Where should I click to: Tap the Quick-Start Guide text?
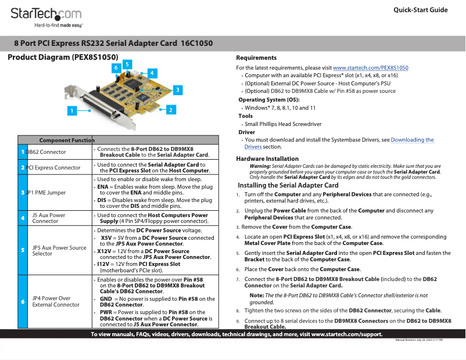420,10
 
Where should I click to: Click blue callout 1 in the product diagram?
72,110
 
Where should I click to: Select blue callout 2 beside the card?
170,109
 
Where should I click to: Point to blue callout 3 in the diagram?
178,89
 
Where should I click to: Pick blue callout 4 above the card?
152,73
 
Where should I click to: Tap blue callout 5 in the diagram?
127,64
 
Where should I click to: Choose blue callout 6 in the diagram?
117,68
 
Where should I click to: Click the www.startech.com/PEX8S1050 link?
370,68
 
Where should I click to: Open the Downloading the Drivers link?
412,140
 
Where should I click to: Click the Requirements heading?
256,57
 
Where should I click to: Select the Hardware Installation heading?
267,159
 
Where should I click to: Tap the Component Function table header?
66,140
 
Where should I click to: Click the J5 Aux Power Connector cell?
49,218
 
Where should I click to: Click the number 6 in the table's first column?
23,301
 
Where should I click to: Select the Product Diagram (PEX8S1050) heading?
63,57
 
